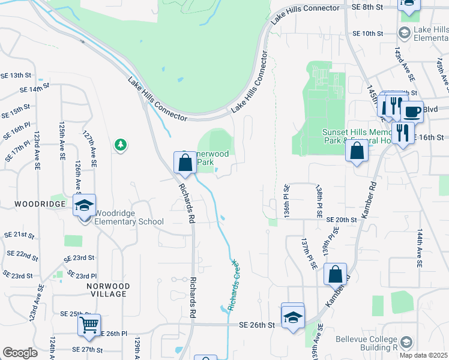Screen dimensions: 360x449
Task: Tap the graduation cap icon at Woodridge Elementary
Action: tap(85, 205)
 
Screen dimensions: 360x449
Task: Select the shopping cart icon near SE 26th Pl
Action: tap(89, 325)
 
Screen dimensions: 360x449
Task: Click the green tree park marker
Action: tap(121, 145)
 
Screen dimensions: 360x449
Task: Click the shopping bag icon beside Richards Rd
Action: tap(185, 161)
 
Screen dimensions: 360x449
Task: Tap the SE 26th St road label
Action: tap(256, 325)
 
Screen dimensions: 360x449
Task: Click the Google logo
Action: tap(20, 353)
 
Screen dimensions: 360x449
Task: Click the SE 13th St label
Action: tap(16, 76)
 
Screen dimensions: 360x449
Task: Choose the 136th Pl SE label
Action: tap(287, 201)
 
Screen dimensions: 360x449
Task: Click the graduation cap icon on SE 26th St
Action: tap(292, 316)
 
